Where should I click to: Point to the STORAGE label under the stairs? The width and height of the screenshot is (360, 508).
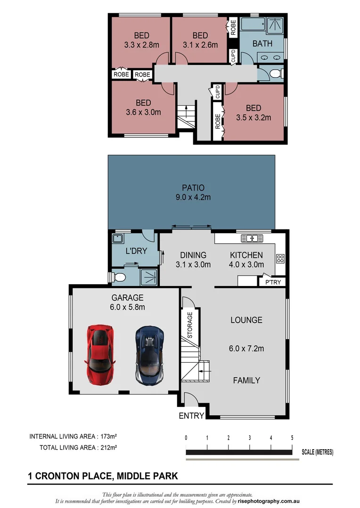click(190, 325)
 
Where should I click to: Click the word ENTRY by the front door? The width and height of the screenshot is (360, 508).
click(191, 416)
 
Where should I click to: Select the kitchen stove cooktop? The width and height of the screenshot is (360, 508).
click(279, 258)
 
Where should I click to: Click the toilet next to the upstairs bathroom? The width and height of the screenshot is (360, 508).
click(278, 74)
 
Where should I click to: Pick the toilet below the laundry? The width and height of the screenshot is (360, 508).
click(118, 278)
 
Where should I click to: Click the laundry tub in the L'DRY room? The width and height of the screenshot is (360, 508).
click(117, 238)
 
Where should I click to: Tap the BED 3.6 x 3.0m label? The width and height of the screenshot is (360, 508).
click(143, 108)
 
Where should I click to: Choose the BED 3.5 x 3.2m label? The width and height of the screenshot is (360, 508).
click(253, 113)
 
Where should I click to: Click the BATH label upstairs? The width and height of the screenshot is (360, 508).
click(262, 44)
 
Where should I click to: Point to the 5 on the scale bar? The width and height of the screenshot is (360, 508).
click(292, 437)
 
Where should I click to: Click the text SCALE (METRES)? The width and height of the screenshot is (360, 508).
click(317, 452)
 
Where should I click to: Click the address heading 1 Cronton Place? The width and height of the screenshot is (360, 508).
click(103, 476)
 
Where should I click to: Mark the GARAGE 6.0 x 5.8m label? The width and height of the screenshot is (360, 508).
click(127, 302)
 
